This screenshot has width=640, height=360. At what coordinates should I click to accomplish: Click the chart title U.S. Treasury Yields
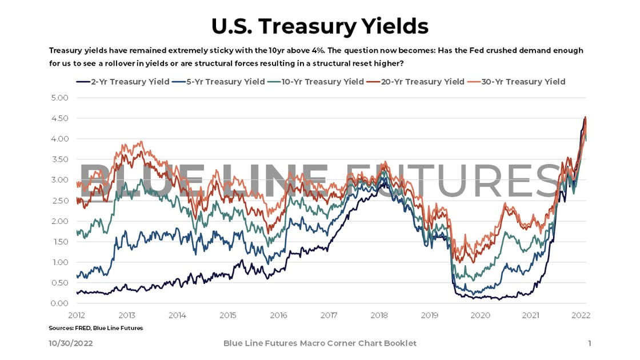[319, 26]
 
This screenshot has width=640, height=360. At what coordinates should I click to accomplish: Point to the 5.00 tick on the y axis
[59, 98]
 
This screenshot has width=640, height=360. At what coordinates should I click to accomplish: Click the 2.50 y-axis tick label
[59, 201]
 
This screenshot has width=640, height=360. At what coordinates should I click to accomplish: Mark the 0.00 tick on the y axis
[59, 303]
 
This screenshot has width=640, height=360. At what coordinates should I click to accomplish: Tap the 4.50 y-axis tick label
[59, 118]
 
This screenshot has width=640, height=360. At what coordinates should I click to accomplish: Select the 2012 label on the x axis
[77, 315]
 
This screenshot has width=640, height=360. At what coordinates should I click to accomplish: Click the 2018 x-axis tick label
[379, 315]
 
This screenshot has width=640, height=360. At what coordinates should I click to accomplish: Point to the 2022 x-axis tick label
[581, 315]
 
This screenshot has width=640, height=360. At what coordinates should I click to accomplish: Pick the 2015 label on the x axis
[227, 315]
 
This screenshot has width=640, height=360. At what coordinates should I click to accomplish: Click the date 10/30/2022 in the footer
[70, 343]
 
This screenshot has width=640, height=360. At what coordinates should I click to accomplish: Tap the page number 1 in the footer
[589, 343]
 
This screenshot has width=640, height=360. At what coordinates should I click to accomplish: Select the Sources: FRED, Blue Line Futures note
[96, 328]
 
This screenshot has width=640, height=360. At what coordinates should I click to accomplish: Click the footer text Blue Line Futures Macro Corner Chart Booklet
[319, 343]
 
